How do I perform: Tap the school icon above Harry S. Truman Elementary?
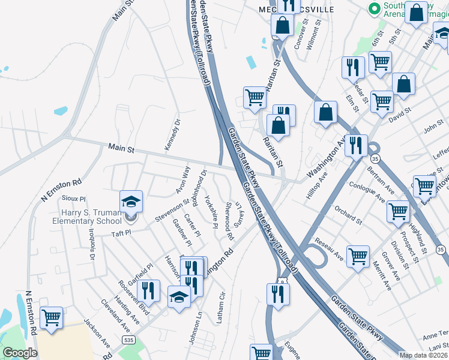click(x=131, y=202)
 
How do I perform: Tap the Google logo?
click(x=20, y=353)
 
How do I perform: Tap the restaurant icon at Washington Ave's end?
click(x=357, y=145)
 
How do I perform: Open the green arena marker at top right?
click(x=376, y=8)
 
